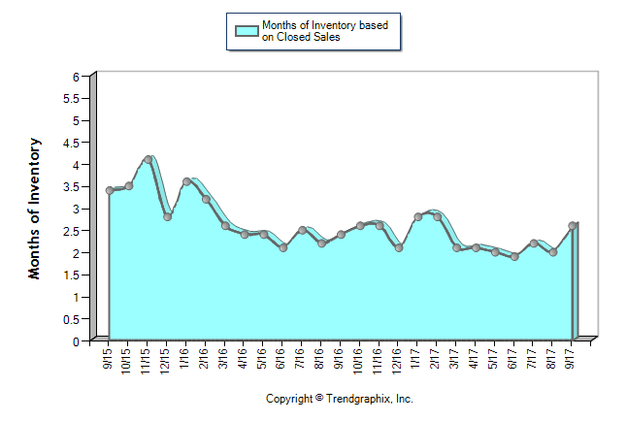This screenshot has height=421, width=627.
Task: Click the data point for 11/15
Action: click(x=148, y=159)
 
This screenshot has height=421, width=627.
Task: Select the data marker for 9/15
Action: click(x=110, y=190)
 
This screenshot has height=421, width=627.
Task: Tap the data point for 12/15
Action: click(x=167, y=216)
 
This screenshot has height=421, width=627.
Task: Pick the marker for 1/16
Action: click(x=186, y=181)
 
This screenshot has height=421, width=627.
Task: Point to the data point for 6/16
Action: click(x=282, y=247)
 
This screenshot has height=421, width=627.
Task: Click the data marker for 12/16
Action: click(x=399, y=247)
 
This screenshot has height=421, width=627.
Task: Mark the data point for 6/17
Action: click(x=514, y=256)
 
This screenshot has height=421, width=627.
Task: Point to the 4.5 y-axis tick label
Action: click(x=71, y=143)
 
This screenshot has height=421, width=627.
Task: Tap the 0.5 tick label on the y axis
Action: click(x=71, y=319)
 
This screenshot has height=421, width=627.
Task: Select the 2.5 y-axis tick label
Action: click(x=71, y=231)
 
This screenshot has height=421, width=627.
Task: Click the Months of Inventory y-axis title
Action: click(x=35, y=209)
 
